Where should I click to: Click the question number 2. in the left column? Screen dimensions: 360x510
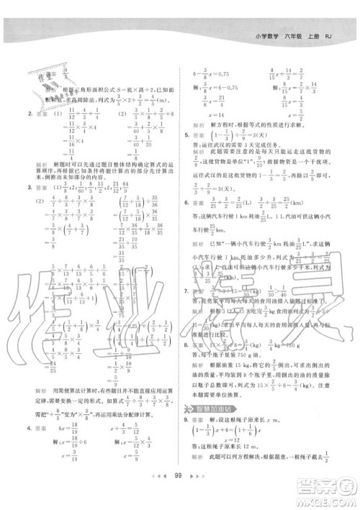pyautogui.click(x=24, y=112)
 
